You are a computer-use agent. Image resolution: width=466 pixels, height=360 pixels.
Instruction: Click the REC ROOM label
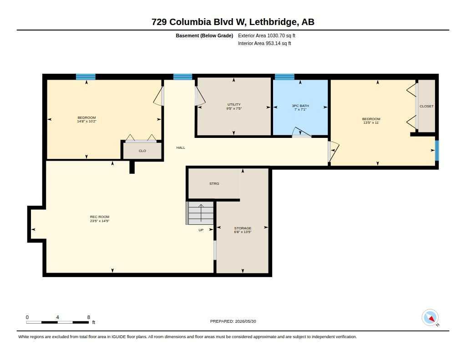[x=100, y=217]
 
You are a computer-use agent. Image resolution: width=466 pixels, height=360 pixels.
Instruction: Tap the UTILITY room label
[x=234, y=104]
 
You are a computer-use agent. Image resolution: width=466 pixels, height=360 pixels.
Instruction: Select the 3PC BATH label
[x=300, y=106]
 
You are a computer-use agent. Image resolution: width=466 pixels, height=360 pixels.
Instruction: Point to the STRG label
[x=214, y=184]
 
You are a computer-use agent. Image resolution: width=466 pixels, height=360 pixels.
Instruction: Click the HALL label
[x=181, y=147]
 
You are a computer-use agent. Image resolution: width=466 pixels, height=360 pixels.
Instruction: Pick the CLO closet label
[x=142, y=151]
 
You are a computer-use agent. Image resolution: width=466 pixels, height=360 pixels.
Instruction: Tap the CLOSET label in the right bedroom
[x=426, y=106]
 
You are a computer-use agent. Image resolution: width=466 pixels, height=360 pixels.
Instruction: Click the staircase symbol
[x=200, y=213]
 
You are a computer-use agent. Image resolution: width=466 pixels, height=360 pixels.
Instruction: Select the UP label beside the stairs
[x=201, y=230]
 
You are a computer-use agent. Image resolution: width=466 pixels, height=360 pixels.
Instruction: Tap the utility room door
[x=200, y=96]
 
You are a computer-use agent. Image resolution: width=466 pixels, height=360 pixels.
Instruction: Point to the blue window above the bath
[x=284, y=77]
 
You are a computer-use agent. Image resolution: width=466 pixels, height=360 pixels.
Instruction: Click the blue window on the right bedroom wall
[x=437, y=151]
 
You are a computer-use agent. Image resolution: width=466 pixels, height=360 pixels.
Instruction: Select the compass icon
[x=430, y=318]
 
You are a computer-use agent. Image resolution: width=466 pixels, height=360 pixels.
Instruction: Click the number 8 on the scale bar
[x=89, y=317]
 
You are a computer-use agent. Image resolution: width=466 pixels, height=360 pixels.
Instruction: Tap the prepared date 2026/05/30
[x=245, y=321]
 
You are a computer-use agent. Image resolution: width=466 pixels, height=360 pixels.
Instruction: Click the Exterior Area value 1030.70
[x=276, y=35]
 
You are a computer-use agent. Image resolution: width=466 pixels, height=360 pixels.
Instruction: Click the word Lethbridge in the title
[x=273, y=22]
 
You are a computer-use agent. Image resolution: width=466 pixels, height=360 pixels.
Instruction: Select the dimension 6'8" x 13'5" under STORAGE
[x=243, y=232]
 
